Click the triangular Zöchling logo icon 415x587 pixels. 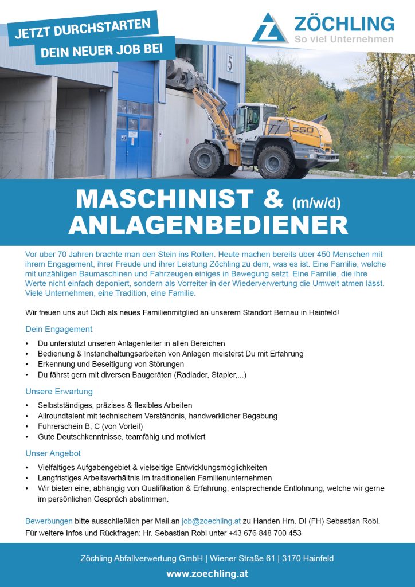269,29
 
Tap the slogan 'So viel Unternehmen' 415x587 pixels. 344,39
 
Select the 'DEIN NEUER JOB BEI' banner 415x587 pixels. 106,50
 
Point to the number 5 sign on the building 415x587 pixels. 229,63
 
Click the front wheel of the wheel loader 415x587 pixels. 206,160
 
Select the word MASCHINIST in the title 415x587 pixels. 164,199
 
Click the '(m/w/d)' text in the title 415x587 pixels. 316,202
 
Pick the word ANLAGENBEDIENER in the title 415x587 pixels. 207,225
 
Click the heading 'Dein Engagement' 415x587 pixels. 58,329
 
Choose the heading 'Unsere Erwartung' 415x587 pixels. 59,392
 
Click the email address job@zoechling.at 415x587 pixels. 211,521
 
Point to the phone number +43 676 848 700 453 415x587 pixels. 265,533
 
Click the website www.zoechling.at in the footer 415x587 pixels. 207,573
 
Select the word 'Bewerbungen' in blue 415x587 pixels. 49,521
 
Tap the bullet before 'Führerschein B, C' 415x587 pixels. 28,426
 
